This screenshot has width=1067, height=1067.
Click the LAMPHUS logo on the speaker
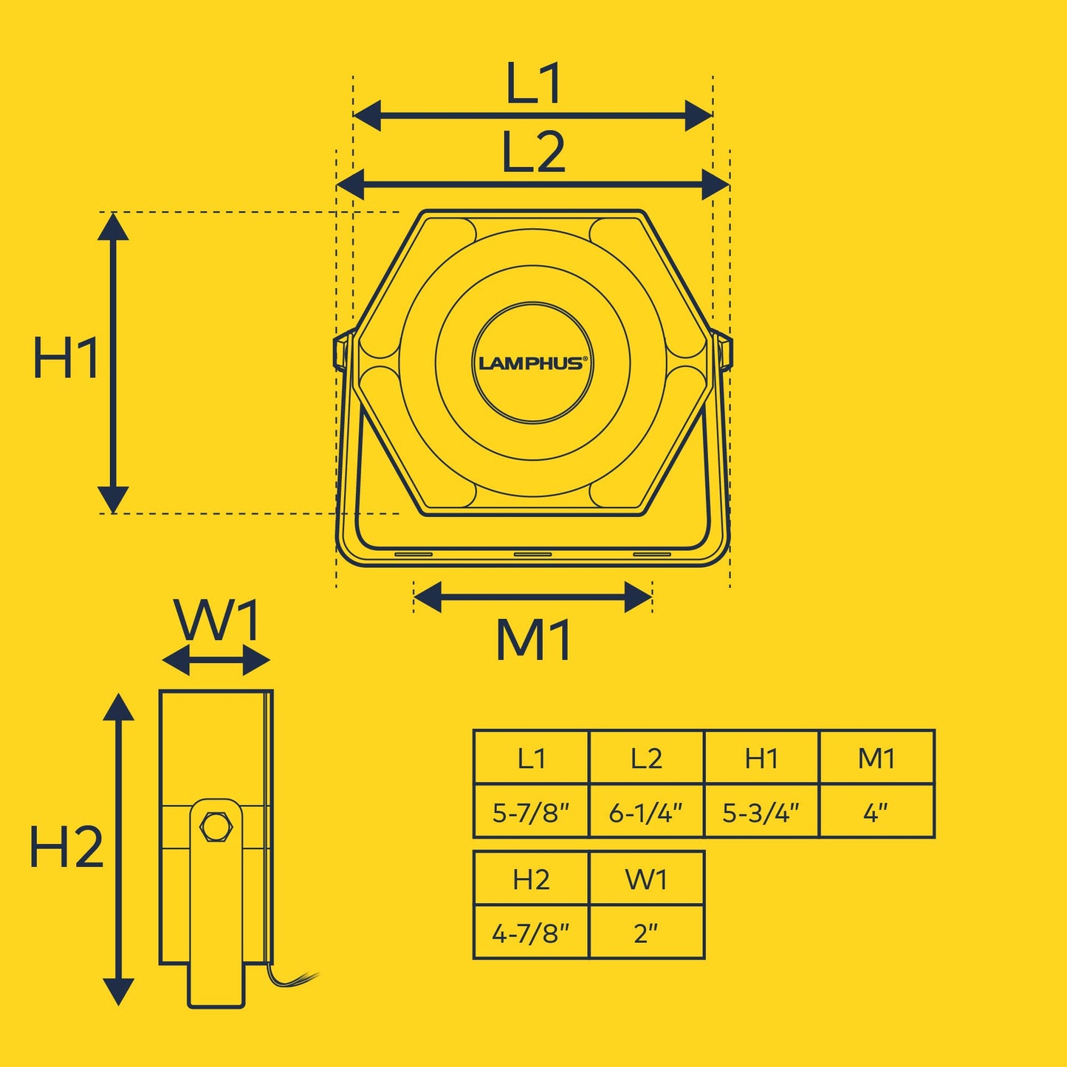pyautogui.click(x=530, y=363)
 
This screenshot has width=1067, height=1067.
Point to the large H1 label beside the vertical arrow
pyautogui.click(x=66, y=357)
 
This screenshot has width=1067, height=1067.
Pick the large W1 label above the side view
pyautogui.click(x=216, y=620)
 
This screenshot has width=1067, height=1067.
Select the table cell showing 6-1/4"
pyautogui.click(x=646, y=812)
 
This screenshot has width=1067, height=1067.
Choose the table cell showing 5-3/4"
pyautogui.click(x=761, y=812)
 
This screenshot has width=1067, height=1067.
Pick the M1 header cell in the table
pyautogui.click(x=876, y=758)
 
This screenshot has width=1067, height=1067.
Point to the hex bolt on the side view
pyautogui.click(x=215, y=827)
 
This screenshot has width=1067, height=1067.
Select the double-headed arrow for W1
pyautogui.click(x=216, y=660)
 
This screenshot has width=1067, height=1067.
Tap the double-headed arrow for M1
pyautogui.click(x=532, y=597)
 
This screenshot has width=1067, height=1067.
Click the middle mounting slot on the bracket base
pyautogui.click(x=532, y=555)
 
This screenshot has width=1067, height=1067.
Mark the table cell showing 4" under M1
pyautogui.click(x=876, y=812)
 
